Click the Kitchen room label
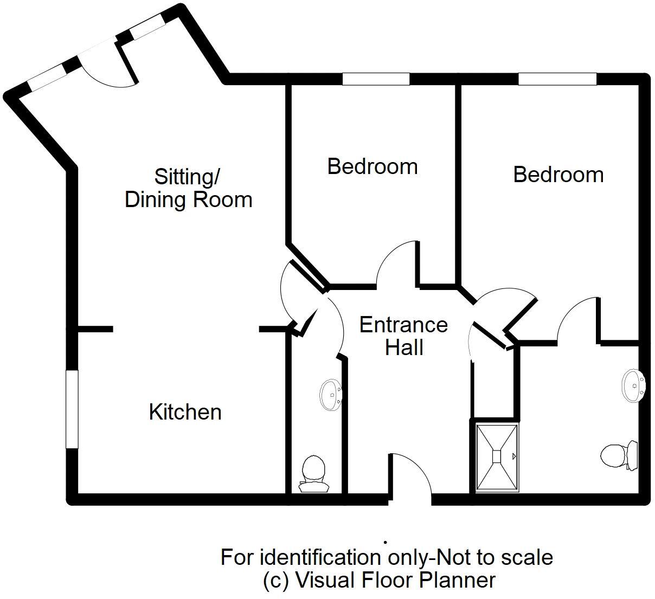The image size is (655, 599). pos(185,412)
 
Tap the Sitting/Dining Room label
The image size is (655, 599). pos(188,188)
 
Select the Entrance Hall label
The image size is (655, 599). pos(403,336)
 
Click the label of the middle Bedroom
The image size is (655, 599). pos(373,166)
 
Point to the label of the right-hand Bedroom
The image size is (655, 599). pos(558,175)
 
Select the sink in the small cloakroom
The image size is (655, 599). pos(330,395)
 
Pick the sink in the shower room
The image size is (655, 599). pos(633,385)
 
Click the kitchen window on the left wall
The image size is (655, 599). pos(72,409)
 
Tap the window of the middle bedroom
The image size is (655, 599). pos(376,79)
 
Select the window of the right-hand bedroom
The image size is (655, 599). pos(557,79)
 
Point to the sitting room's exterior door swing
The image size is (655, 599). pos(106,68)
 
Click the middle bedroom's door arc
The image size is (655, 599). pos(397,263)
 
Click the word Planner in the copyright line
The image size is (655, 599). pos(462,580)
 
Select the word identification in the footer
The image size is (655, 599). pos(319,557)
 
